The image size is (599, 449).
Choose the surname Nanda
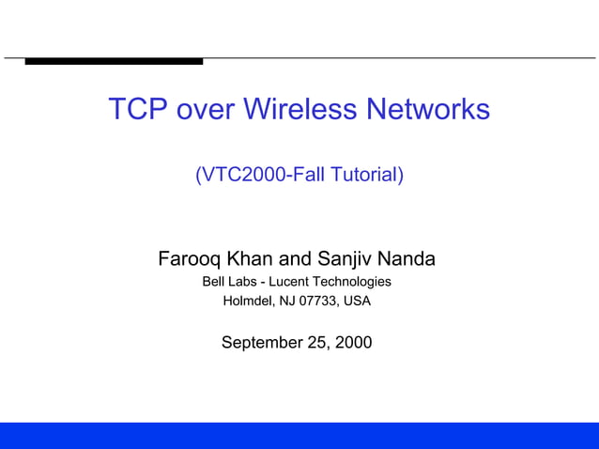(x=409, y=258)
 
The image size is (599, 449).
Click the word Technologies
(x=352, y=282)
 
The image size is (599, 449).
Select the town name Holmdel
(x=246, y=302)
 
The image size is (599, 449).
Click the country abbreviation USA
(x=357, y=302)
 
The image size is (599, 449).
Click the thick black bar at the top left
(x=114, y=61)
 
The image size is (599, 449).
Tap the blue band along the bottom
(x=299, y=436)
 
